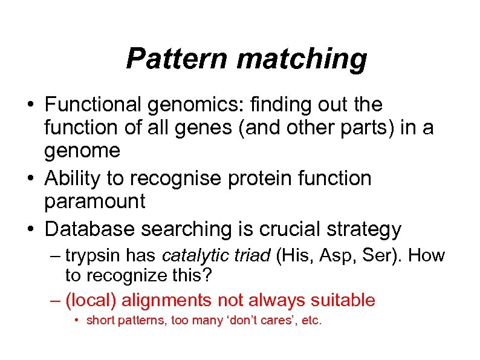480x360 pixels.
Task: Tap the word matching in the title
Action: pyautogui.click(x=302, y=59)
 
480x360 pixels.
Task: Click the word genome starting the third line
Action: pyautogui.click(x=82, y=151)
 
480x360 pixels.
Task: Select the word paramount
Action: pyautogui.click(x=94, y=201)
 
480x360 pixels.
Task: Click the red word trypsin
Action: pyautogui.click(x=91, y=255)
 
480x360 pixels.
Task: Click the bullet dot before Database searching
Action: pyautogui.click(x=31, y=229)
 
